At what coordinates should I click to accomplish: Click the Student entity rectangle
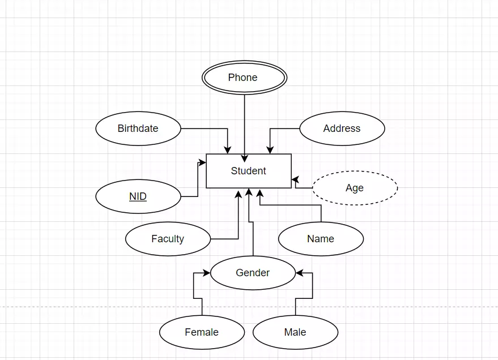pyautogui.click(x=248, y=171)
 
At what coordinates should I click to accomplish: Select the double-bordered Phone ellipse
pyautogui.click(x=244, y=78)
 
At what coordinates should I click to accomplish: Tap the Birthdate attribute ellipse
pyautogui.click(x=138, y=128)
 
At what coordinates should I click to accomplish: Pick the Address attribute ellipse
pyautogui.click(x=342, y=128)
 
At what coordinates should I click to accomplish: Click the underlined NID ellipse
pyautogui.click(x=138, y=196)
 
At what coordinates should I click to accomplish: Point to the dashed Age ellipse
pyautogui.click(x=355, y=188)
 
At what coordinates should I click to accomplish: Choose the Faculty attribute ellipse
pyautogui.click(x=168, y=239)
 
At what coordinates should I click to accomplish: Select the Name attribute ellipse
pyautogui.click(x=321, y=239)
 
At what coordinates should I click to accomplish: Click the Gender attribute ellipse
pyautogui.click(x=253, y=273)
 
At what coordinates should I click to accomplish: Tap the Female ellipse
pyautogui.click(x=202, y=332)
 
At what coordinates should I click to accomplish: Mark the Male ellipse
pyautogui.click(x=295, y=332)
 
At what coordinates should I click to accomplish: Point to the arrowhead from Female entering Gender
pyautogui.click(x=207, y=273)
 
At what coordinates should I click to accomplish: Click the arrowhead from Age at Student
pyautogui.click(x=295, y=180)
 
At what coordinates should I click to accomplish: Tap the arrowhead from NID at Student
pyautogui.click(x=202, y=163)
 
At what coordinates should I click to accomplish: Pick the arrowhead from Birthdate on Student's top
pyautogui.click(x=228, y=150)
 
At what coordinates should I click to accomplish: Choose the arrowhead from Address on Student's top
pyautogui.click(x=270, y=150)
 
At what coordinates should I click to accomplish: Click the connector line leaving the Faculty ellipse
pyautogui.click(x=224, y=239)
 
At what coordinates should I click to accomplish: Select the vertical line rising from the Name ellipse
pyautogui.click(x=321, y=213)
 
